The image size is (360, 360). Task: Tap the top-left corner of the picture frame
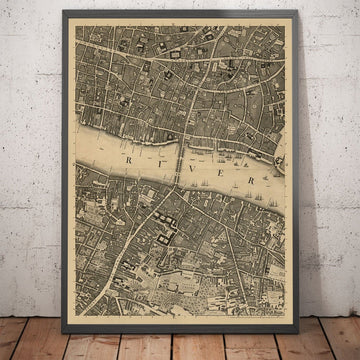[63, 10]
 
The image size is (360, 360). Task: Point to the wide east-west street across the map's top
[150, 48]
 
